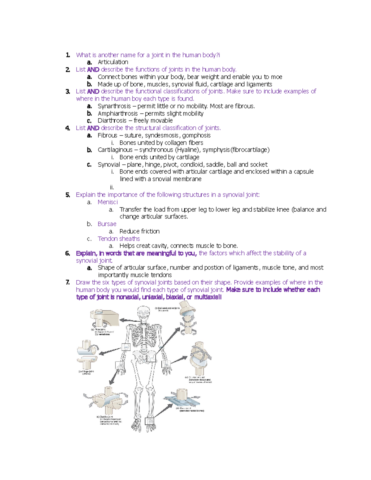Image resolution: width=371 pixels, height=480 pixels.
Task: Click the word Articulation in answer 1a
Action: (x=113, y=62)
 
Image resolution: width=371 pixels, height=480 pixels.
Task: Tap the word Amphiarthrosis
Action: (x=117, y=113)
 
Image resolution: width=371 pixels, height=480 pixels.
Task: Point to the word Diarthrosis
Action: (x=112, y=121)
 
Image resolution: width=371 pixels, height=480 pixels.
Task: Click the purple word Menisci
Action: (x=108, y=202)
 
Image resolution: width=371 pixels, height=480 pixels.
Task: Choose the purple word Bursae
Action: (x=107, y=224)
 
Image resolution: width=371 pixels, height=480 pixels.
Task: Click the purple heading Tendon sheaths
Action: (x=119, y=239)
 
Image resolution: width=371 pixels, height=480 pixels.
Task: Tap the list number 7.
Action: (x=67, y=282)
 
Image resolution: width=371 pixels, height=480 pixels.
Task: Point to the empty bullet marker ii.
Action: (x=112, y=187)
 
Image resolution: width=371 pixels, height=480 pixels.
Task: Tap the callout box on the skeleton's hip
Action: (x=151, y=358)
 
